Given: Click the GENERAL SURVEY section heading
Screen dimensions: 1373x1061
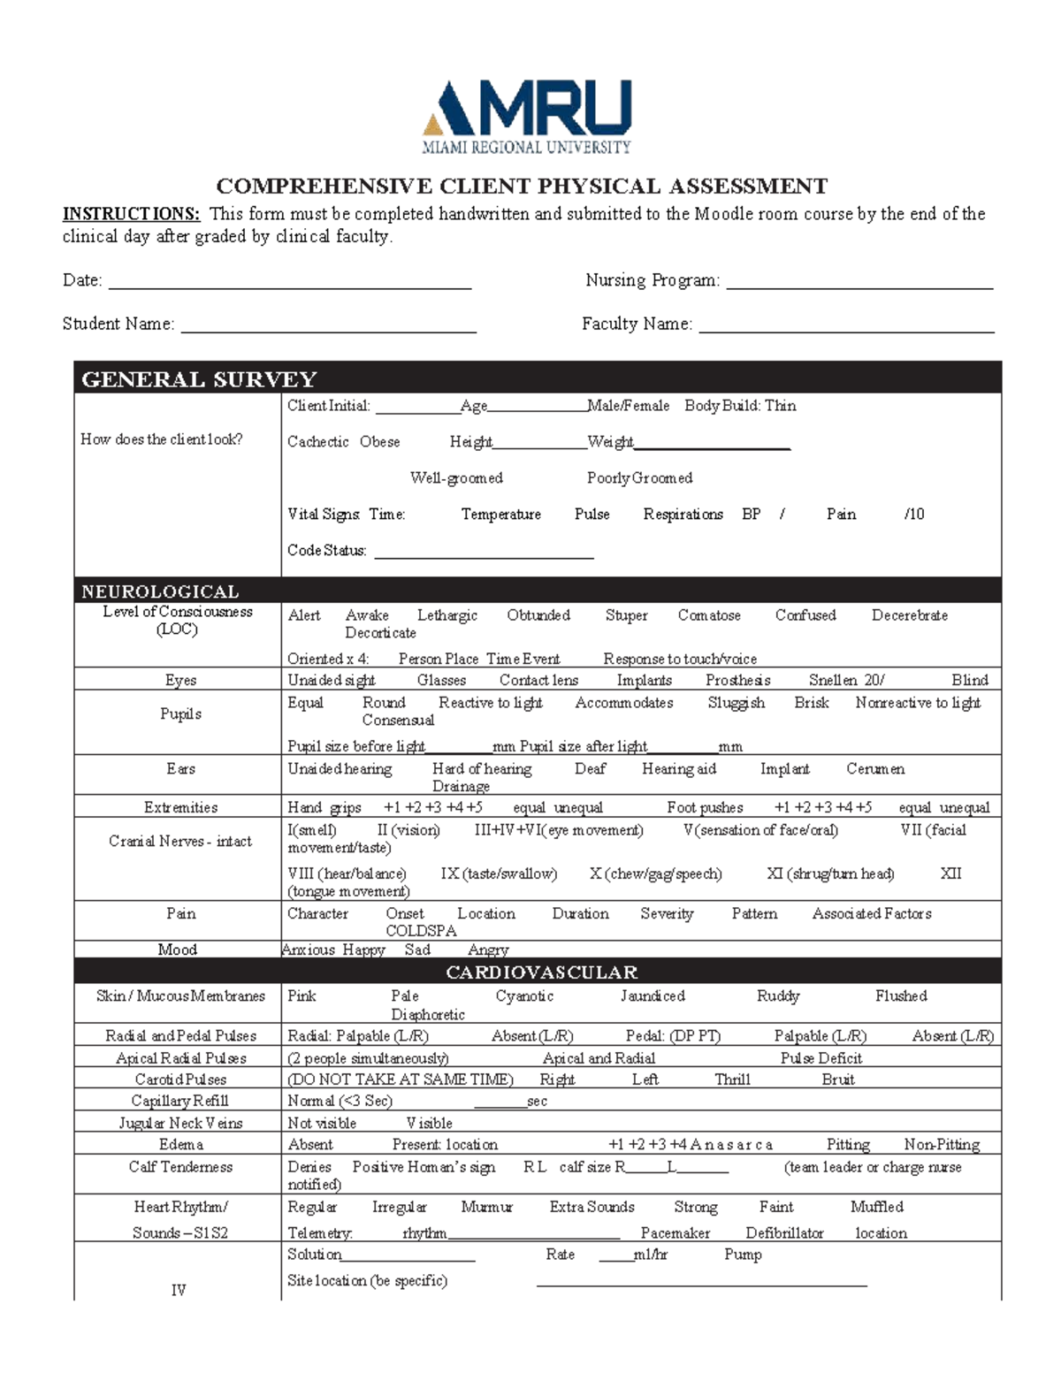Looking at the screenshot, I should (x=199, y=379).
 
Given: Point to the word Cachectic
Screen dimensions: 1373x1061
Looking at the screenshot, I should (x=317, y=442).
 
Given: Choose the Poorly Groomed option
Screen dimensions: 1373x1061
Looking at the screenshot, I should (x=639, y=478).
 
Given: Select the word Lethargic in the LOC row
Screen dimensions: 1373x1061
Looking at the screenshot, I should (x=447, y=615).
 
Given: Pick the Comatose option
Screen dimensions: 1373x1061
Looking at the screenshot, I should (x=709, y=615).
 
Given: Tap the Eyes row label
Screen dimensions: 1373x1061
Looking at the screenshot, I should (x=180, y=680).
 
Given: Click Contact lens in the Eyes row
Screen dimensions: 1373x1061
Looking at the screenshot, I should (x=538, y=680).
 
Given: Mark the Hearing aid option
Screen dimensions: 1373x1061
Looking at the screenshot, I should (x=679, y=769).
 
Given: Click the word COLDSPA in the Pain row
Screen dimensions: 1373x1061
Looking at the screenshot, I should (x=421, y=931).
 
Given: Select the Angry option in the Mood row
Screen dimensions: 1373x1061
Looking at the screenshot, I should (x=488, y=950).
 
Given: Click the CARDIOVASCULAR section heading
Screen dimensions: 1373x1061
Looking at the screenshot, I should (x=541, y=973).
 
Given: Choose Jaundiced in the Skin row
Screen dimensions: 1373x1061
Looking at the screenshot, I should (x=653, y=996).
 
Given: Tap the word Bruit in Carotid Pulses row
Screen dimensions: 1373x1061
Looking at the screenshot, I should (x=837, y=1079).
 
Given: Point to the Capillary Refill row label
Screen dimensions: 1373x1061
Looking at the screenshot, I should (x=179, y=1101).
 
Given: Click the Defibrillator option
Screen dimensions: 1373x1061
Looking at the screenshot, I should (x=784, y=1233).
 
